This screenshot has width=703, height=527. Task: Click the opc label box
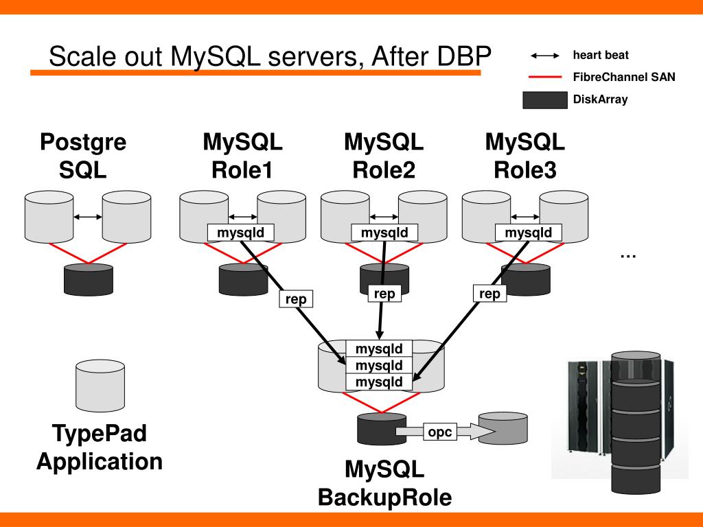tap(440, 432)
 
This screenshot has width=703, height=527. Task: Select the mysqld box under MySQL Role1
tap(241, 233)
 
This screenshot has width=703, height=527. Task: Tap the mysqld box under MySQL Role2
tap(384, 233)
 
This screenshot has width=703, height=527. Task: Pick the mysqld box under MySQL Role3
tap(528, 233)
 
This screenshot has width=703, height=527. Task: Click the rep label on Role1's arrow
tap(296, 299)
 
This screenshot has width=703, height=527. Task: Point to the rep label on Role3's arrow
tap(489, 294)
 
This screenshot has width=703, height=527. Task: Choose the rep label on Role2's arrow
tap(384, 294)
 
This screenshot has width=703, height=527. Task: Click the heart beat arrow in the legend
tap(544, 56)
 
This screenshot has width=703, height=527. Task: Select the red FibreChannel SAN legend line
tap(544, 77)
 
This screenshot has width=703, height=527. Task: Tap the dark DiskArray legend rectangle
tap(544, 100)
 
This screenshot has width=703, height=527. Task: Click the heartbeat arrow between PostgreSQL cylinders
tap(88, 217)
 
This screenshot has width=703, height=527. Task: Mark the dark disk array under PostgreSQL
tap(89, 279)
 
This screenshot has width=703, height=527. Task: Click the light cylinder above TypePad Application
tap(100, 386)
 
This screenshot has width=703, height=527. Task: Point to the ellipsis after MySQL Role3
tap(628, 256)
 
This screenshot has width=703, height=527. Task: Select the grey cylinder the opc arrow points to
tap(503, 428)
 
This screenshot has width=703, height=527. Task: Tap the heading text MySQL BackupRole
tap(384, 483)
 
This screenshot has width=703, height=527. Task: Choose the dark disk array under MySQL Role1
tap(244, 279)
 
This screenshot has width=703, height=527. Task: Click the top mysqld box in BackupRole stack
tap(379, 349)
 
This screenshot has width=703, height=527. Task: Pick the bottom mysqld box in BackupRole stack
tap(379, 382)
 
